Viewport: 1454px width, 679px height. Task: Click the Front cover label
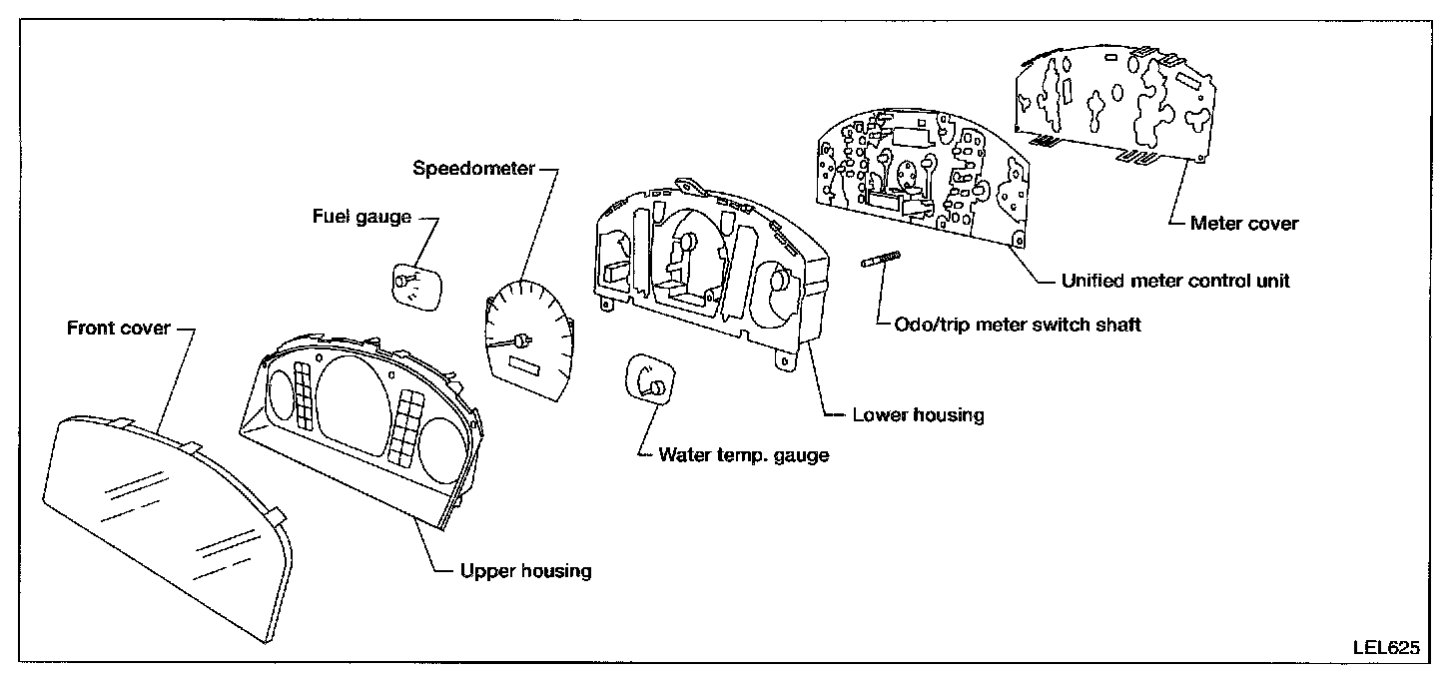tap(118, 328)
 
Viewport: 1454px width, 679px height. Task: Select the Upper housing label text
tap(525, 571)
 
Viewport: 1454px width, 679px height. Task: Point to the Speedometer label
tap(473, 168)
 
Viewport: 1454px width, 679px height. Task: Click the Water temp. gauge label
tap(743, 455)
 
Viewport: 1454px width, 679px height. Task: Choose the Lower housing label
tap(917, 414)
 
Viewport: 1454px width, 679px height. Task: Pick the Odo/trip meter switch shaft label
tap(1009, 324)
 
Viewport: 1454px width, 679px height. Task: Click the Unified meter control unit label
tap(1175, 281)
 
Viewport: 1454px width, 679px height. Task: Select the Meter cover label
tap(1244, 223)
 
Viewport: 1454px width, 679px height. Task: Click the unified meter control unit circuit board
tap(924, 175)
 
